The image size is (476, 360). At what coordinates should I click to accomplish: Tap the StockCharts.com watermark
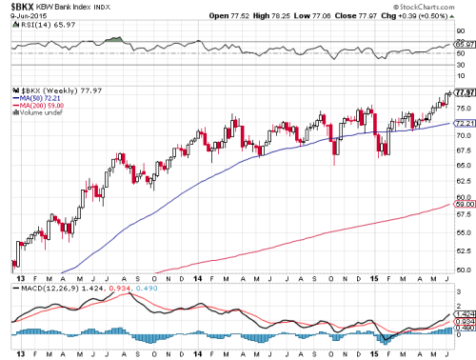coord(439,6)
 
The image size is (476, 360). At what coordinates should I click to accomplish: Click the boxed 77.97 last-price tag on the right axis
coord(465,92)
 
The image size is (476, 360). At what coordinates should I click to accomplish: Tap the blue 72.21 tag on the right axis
coord(465,124)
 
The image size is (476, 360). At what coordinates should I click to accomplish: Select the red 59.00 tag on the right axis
coord(465,204)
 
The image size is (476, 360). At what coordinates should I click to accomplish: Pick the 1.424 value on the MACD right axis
coord(465,313)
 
